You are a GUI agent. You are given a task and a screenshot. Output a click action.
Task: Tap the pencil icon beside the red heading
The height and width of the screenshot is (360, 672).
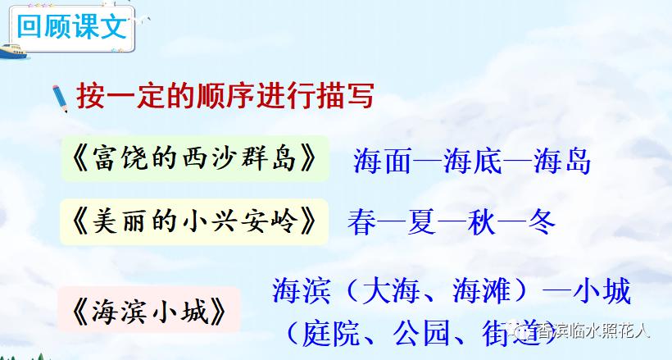pos(59,95)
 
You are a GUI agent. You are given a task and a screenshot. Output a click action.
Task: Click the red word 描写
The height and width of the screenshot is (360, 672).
pos(344,95)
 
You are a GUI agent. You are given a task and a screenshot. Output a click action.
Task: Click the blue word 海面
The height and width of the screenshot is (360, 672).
pos(382,160)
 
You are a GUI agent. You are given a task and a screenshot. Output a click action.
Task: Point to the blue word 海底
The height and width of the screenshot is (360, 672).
pos(472,160)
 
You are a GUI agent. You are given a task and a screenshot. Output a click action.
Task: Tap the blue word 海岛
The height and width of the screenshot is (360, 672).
pos(561,160)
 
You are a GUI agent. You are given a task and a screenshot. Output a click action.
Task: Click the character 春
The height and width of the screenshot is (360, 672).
pos(361,221)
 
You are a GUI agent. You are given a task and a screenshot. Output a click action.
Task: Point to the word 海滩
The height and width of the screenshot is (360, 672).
pos(483,291)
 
